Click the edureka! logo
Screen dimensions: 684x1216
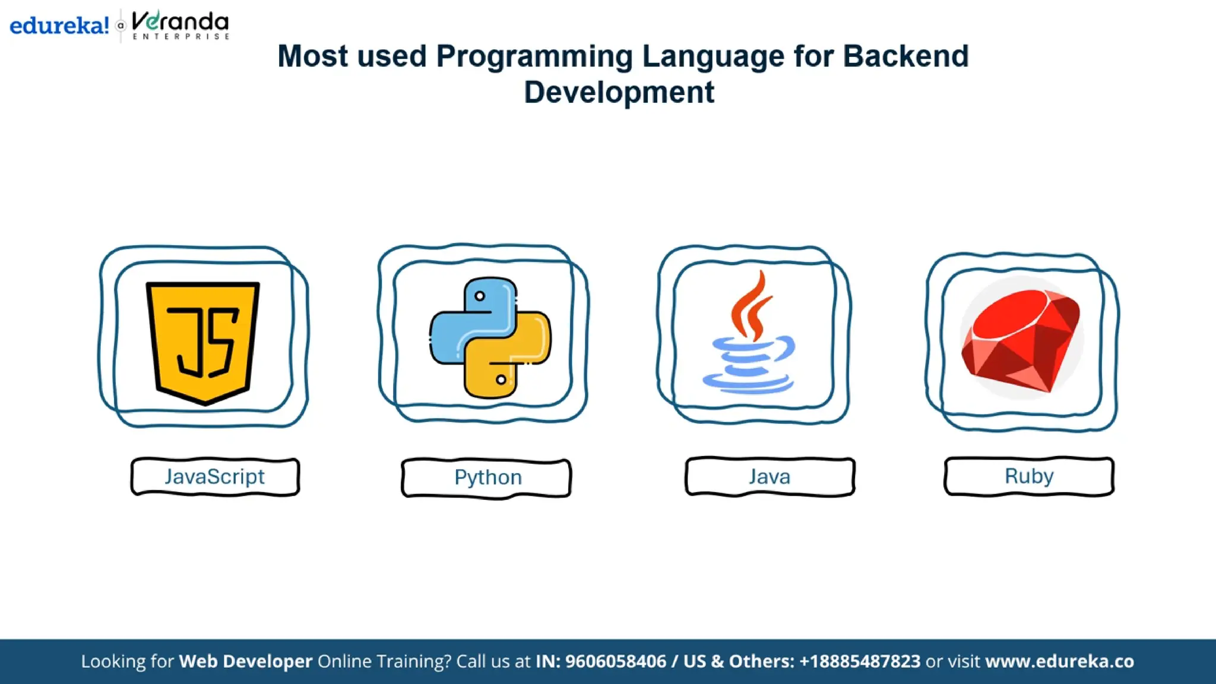click(59, 26)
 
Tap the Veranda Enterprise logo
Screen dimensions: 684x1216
click(180, 26)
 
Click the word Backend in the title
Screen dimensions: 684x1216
click(905, 56)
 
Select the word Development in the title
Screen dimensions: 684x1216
click(619, 93)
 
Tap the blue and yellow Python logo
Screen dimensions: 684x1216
click(490, 337)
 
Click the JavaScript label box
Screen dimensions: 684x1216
click(215, 477)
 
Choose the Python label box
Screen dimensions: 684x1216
click(486, 478)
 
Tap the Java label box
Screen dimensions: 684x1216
click(769, 477)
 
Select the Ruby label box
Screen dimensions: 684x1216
click(1029, 476)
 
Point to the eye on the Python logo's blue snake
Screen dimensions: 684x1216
click(480, 296)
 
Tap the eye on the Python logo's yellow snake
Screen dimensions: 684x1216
click(501, 379)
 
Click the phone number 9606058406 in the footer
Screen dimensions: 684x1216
click(615, 661)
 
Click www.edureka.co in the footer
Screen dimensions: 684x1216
click(1059, 661)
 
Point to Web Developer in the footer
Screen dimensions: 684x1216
click(245, 661)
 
